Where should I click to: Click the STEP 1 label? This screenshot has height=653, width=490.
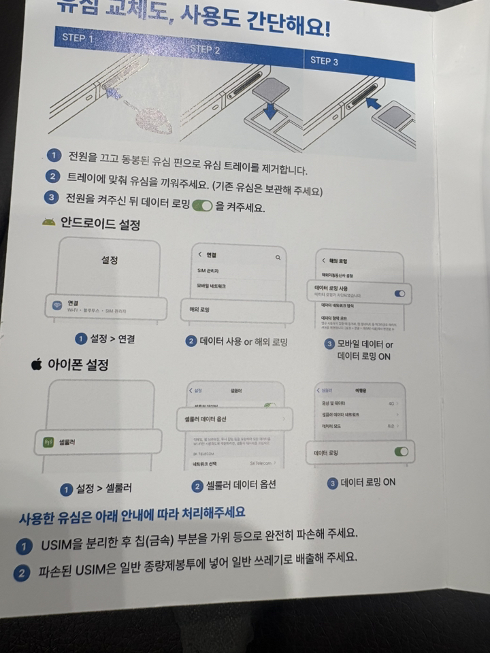click(78, 38)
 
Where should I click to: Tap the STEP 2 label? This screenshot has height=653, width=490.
click(205, 49)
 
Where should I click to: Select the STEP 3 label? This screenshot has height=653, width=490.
click(325, 61)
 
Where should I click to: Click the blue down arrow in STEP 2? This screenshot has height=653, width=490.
click(270, 109)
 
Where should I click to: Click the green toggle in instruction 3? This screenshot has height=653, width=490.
click(203, 206)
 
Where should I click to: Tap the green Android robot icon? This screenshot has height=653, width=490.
click(48, 222)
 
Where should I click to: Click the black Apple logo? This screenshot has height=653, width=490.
click(36, 365)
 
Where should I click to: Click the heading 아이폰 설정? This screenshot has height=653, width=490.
click(78, 365)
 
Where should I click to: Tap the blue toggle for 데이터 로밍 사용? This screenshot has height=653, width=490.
click(399, 294)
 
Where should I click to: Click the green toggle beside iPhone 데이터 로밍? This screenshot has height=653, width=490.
click(401, 452)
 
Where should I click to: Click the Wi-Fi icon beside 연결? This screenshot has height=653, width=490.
click(57, 305)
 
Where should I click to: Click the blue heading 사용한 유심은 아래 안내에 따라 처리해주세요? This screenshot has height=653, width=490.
click(132, 512)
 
